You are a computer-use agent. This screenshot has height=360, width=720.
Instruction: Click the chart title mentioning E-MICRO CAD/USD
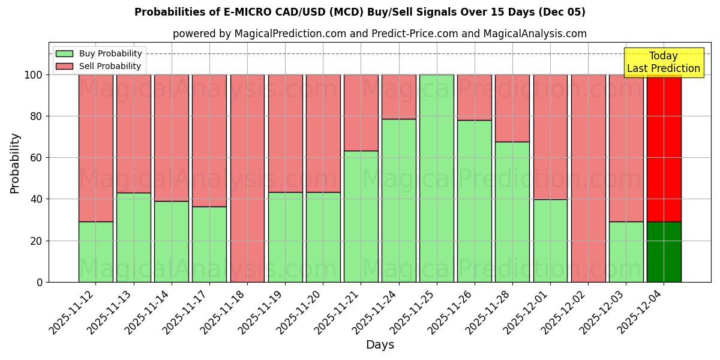tap(359, 12)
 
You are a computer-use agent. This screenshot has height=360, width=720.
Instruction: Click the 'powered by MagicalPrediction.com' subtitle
tap(379, 34)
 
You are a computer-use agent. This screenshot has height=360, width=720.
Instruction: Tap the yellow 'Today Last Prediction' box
tap(663, 62)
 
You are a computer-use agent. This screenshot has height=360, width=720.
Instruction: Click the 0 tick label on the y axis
tap(40, 282)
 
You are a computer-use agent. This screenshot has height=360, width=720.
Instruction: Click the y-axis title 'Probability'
tap(15, 163)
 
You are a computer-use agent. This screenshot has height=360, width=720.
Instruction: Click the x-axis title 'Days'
tap(380, 344)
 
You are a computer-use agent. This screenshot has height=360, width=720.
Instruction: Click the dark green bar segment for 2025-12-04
tap(664, 252)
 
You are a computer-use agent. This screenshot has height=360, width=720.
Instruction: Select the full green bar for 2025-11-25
tap(437, 178)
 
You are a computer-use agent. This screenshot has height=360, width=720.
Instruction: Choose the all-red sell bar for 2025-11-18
tap(247, 178)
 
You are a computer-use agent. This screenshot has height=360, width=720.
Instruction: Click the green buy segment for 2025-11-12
tap(95, 252)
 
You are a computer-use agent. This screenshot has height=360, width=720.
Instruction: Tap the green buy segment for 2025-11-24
tap(399, 200)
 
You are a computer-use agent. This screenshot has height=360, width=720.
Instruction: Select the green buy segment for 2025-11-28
tap(512, 212)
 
